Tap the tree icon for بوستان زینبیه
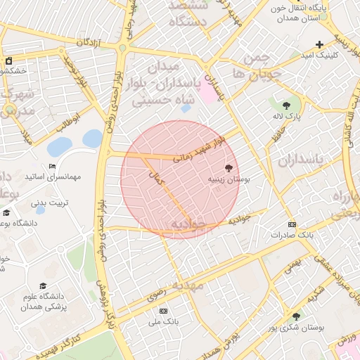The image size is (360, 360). pos(229,167)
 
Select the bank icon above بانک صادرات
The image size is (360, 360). pos(292,224)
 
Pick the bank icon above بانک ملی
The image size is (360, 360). pos(164,311)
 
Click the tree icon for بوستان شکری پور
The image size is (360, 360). pos(296,317)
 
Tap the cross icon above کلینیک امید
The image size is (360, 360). pos(320,44)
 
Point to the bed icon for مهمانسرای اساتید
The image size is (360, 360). pos(53,167)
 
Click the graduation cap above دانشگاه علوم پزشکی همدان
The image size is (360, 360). pos(44,286)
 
